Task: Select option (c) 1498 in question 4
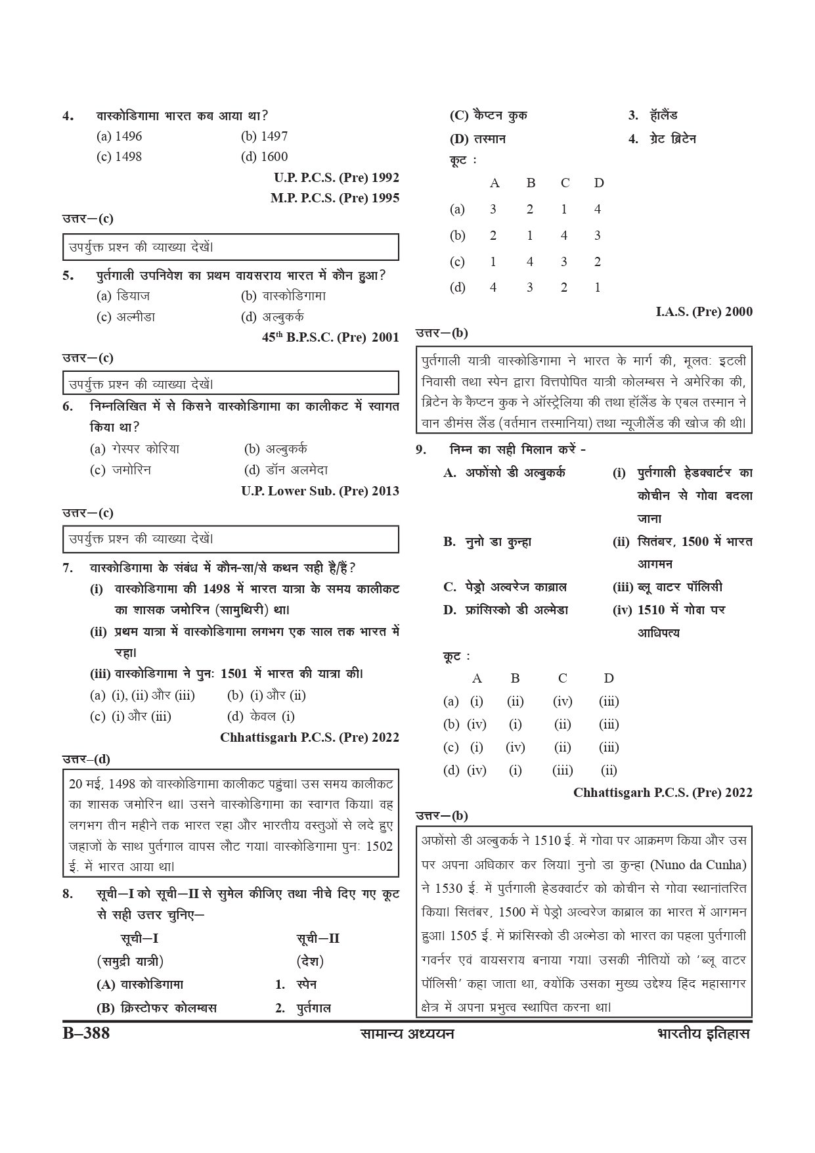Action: coord(119,156)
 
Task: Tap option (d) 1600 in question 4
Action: coord(264,156)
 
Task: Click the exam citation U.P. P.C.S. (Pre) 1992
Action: coord(336,177)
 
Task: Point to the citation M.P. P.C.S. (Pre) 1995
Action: coord(334,198)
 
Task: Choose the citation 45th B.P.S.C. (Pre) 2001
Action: coord(330,337)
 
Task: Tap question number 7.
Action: coord(68,568)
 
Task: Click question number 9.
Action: coord(422,450)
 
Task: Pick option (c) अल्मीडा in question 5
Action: coord(125,317)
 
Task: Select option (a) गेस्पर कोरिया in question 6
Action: coord(135,449)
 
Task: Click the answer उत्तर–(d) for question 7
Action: coord(86,759)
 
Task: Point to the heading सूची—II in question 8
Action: coord(317,938)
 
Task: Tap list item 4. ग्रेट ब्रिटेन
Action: coord(662,139)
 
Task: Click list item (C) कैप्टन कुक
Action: coord(488,116)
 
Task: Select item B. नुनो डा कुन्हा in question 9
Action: coord(487,542)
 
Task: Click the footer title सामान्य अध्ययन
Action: coord(407,1033)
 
